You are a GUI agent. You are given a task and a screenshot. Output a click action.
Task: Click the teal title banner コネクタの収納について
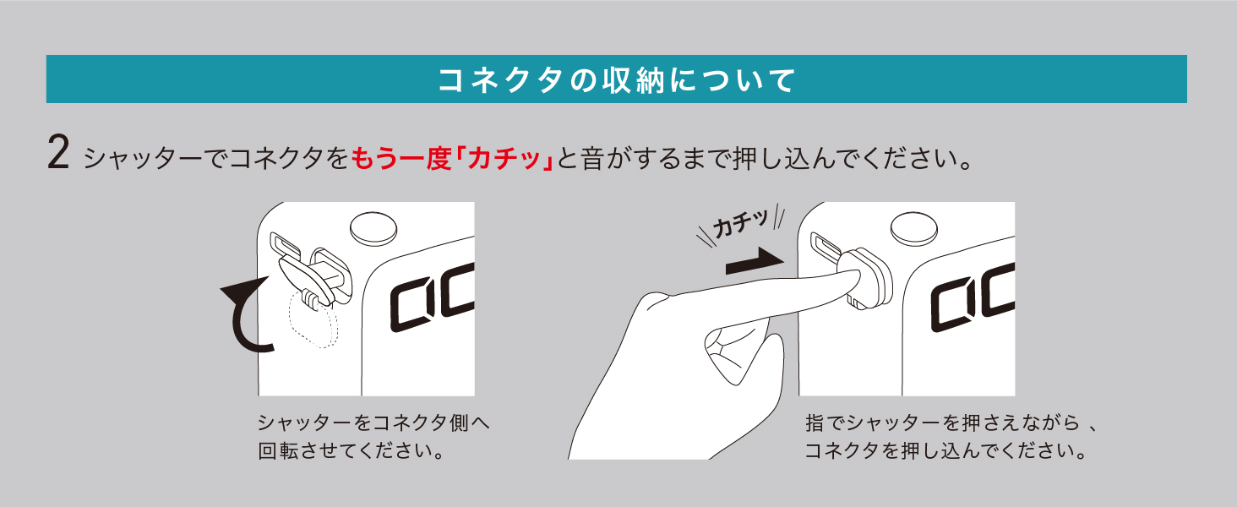pyautogui.click(x=616, y=79)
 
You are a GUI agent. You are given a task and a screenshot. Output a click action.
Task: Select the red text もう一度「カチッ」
pyautogui.click(x=452, y=159)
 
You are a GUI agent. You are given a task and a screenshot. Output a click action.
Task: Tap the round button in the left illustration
pyautogui.click(x=373, y=228)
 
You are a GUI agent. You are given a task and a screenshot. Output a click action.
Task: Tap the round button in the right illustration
pyautogui.click(x=914, y=228)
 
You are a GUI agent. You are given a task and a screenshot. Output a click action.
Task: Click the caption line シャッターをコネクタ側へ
pyautogui.click(x=373, y=423)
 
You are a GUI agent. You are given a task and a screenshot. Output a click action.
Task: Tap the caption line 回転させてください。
pyautogui.click(x=351, y=451)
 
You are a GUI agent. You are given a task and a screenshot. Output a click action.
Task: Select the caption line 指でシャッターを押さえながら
pyautogui.click(x=941, y=423)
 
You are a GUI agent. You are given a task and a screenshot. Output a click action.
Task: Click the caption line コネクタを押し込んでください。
pyautogui.click(x=945, y=451)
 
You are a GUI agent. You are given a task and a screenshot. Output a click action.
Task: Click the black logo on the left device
pyautogui.click(x=432, y=298)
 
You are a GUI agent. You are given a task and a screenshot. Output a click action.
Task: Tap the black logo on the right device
pyautogui.click(x=973, y=298)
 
